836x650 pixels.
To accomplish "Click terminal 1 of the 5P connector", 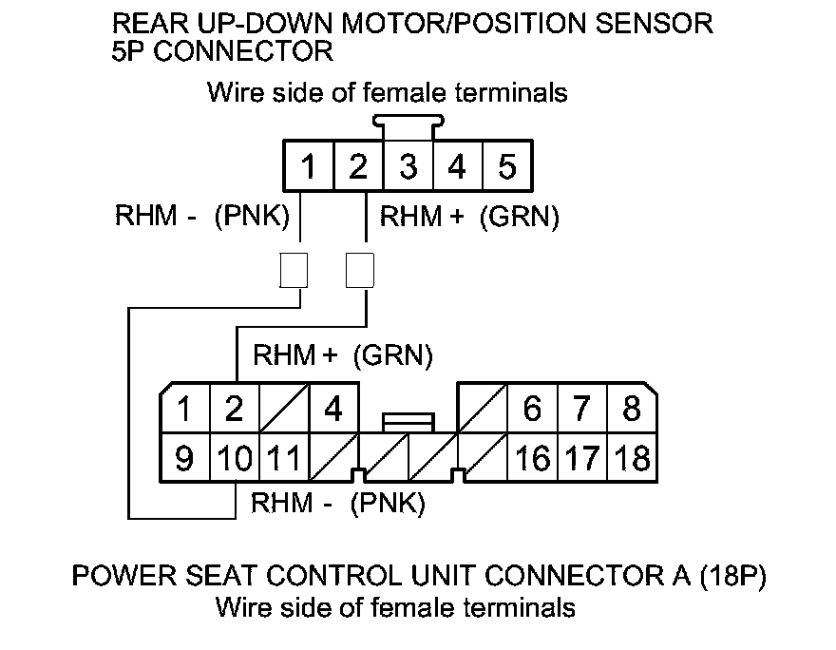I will [308, 168].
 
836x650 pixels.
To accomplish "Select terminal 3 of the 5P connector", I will [408, 168].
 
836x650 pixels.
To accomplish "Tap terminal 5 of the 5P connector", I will [507, 168].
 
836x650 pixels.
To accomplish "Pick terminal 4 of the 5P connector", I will [458, 168].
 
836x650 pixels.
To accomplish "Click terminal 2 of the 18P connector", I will [234, 411].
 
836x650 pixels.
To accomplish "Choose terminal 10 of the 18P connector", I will [234, 459].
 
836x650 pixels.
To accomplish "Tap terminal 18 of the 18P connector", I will [632, 459].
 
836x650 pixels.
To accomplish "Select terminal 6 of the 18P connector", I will [533, 411].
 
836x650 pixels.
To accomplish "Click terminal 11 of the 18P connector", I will [282, 459].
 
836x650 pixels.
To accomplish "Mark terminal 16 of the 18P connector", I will [533, 459].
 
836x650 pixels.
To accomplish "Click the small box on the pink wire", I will [294, 270].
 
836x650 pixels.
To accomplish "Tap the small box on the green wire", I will [359, 270].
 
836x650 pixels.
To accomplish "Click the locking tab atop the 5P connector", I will [408, 122].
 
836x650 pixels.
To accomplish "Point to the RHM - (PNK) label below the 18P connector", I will [337, 503].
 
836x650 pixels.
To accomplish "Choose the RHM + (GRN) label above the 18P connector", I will [343, 356].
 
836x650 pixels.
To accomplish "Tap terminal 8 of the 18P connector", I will [632, 411].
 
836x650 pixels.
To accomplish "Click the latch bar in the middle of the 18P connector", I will [408, 419].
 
